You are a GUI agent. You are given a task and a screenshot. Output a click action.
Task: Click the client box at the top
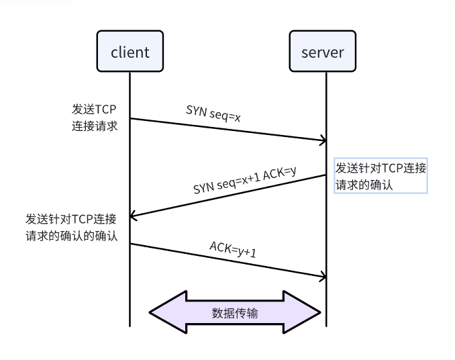pyautogui.click(x=130, y=52)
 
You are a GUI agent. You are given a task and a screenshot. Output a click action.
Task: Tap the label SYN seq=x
pyautogui.click(x=213, y=114)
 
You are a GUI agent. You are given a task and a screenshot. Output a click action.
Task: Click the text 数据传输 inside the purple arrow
pyautogui.click(x=234, y=313)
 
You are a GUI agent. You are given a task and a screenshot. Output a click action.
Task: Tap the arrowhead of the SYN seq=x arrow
pyautogui.click(x=323, y=141)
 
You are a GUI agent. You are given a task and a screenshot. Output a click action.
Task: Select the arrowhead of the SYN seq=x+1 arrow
pyautogui.click(x=134, y=216)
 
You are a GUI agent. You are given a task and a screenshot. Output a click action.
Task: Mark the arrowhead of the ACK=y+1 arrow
pyautogui.click(x=323, y=276)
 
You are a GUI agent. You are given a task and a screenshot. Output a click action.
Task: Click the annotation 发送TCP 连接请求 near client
pyautogui.click(x=95, y=117)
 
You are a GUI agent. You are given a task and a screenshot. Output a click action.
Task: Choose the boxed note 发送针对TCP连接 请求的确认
pyautogui.click(x=381, y=177)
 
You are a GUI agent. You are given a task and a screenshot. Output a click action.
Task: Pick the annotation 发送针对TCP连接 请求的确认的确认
pyautogui.click(x=71, y=227)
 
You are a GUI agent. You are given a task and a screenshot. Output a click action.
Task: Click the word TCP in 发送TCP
pyautogui.click(x=105, y=109)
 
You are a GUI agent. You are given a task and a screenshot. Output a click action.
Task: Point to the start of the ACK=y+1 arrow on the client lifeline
pyautogui.click(x=130, y=244)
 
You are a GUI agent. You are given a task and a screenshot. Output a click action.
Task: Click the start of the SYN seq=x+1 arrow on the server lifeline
pyautogui.click(x=326, y=175)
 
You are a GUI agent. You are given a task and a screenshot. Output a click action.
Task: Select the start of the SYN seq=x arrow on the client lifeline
pyautogui.click(x=130, y=119)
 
